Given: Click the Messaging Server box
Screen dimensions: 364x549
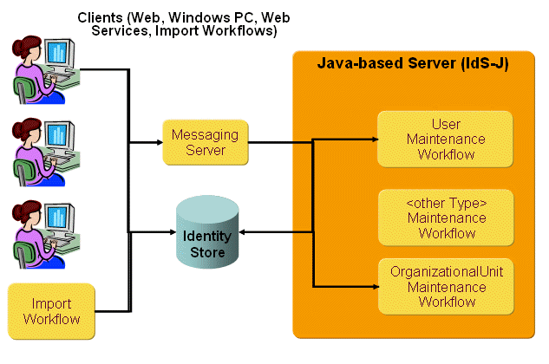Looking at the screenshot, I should click(205, 143).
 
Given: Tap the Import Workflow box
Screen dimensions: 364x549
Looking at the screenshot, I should click(50, 311).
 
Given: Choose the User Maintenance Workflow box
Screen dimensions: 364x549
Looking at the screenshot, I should click(446, 140).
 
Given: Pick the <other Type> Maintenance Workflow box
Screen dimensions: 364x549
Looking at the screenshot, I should click(446, 218).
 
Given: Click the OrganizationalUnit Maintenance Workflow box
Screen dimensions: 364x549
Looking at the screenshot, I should click(446, 286).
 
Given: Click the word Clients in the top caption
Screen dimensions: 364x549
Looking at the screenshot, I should click(100, 17).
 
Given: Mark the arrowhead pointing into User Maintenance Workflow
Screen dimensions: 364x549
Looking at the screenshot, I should click(372, 139).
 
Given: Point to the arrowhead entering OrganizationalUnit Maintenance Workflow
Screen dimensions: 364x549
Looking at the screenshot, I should click(372, 285).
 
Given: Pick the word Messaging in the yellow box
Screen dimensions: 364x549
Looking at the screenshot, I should click(205, 135).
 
